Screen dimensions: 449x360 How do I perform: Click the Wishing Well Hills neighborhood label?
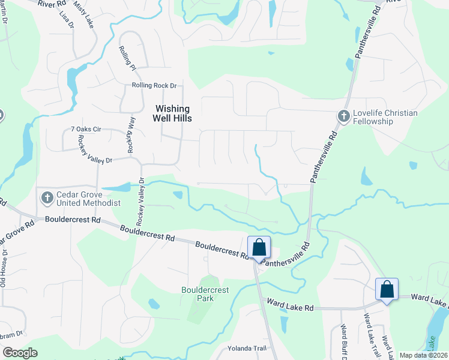pos(173,113)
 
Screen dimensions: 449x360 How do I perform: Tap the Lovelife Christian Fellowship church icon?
pos(343,115)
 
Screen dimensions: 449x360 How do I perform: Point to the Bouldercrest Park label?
pos(205,294)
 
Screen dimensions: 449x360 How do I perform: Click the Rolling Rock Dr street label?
pos(154,86)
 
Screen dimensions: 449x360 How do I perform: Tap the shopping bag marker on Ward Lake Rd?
pos(387,289)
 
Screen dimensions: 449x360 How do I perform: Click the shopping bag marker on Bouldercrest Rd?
pos(259,247)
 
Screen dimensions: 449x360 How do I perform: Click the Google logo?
pos(20,353)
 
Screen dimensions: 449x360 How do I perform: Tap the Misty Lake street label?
pos(83,14)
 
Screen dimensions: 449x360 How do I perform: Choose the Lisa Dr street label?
pos(66,20)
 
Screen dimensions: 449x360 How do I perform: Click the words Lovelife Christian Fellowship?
pos(373,117)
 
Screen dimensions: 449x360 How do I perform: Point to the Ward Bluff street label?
pos(345,342)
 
